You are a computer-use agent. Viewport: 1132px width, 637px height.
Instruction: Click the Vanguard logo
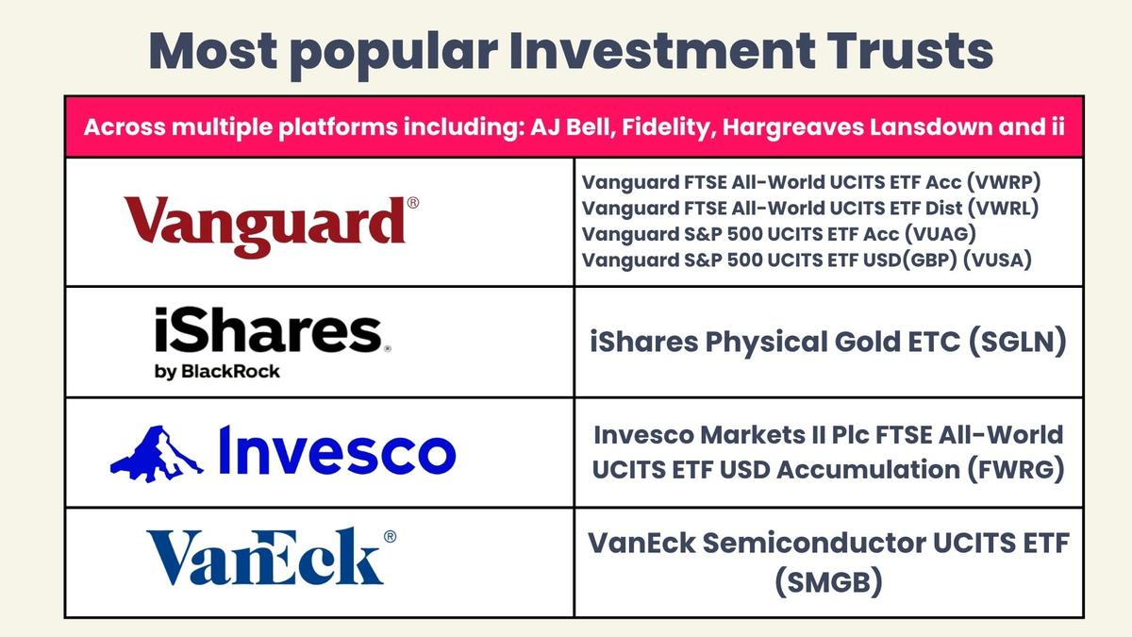[272, 227]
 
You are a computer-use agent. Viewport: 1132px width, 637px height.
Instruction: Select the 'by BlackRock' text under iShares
[217, 372]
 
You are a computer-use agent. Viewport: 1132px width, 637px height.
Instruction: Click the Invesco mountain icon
[157, 454]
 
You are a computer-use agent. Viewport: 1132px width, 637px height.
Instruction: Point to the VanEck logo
[272, 557]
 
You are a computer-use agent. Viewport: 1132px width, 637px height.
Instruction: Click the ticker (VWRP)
[1004, 182]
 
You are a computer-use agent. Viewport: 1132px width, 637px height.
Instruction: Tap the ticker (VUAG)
[940, 234]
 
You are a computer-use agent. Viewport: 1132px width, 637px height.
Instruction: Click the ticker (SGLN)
[1017, 343]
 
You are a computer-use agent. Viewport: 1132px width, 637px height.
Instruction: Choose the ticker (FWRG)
[1016, 470]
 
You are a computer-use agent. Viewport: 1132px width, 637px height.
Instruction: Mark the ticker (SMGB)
[829, 582]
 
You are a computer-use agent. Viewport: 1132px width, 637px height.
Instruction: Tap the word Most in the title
[213, 51]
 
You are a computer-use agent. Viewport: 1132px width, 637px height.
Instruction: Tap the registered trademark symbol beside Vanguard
[413, 203]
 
